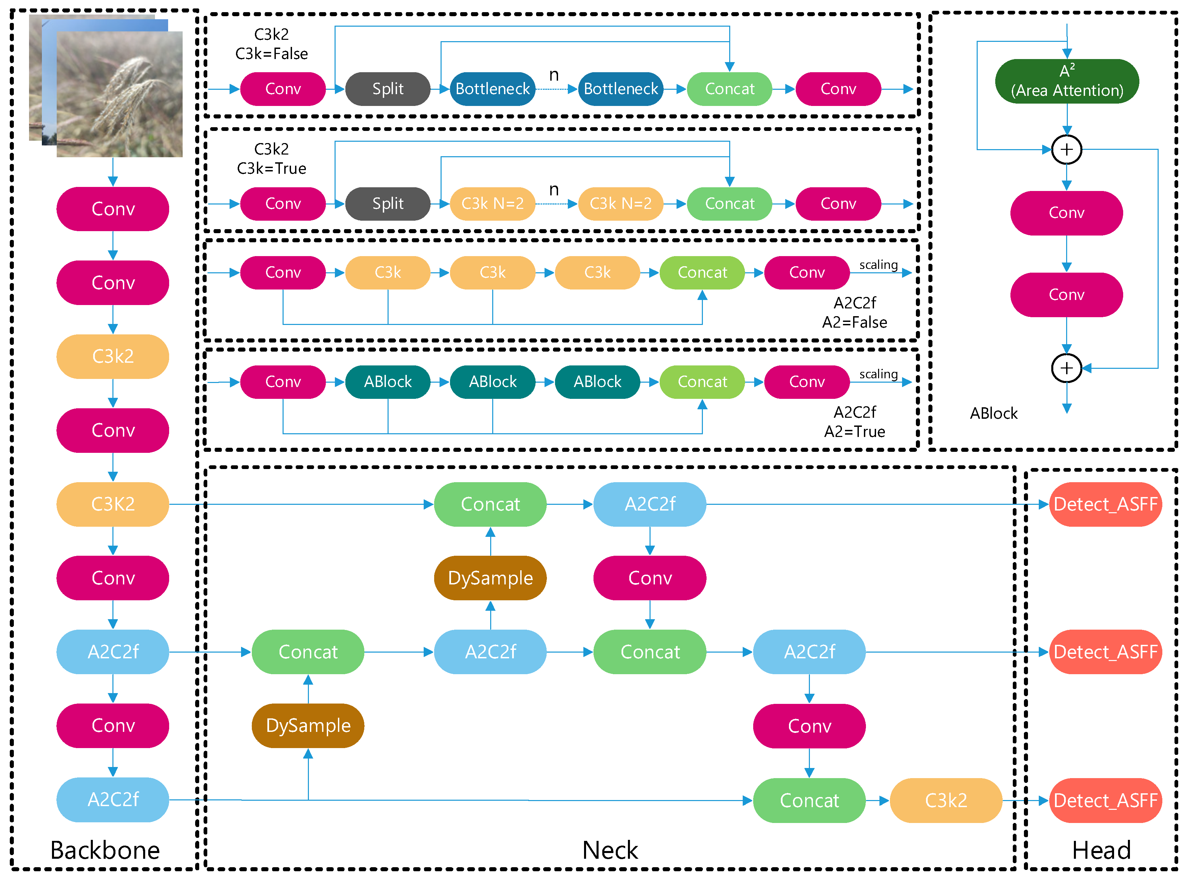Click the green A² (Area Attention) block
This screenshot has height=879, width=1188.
[x=1067, y=81]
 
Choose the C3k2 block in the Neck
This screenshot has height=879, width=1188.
[x=946, y=800]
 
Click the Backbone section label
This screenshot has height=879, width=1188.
[x=105, y=850]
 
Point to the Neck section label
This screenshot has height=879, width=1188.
[x=610, y=850]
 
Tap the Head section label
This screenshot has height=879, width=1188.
[x=1101, y=850]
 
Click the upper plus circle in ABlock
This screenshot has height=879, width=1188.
[x=1067, y=149]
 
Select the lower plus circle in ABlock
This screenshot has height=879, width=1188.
[x=1067, y=368]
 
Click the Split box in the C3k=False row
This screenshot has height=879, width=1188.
[x=388, y=89]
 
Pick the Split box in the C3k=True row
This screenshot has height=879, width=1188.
[x=388, y=204]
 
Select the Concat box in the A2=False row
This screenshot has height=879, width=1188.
[x=702, y=272]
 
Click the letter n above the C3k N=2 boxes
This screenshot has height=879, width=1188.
[x=554, y=190]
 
